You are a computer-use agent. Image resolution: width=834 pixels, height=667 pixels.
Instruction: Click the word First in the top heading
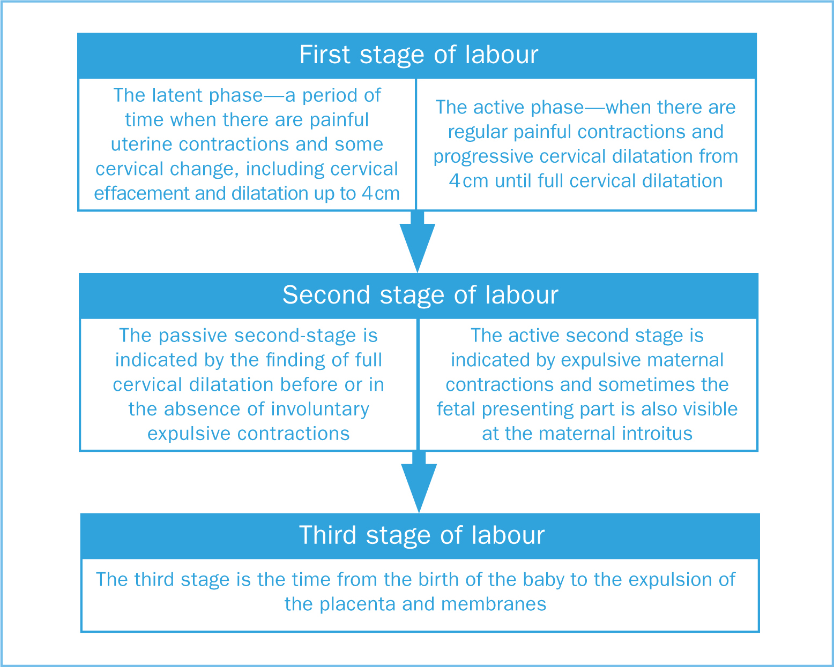click(x=325, y=55)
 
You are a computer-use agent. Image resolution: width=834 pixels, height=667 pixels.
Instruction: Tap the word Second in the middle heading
click(x=326, y=295)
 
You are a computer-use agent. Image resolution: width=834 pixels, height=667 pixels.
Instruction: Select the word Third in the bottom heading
click(x=327, y=535)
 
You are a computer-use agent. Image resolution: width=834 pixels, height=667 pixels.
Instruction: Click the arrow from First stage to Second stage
click(x=418, y=241)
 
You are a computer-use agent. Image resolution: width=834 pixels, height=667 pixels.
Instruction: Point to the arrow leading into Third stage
click(x=419, y=482)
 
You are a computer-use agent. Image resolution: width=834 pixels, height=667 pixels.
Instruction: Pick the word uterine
click(x=142, y=145)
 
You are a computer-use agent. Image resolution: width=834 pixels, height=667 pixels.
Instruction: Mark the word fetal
click(x=456, y=409)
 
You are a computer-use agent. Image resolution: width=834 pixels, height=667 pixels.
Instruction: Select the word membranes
click(x=493, y=604)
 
